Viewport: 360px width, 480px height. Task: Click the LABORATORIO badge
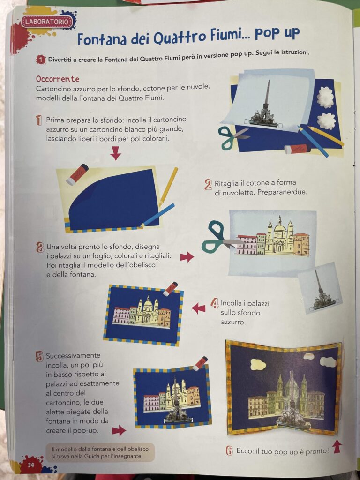pyautogui.click(x=47, y=22)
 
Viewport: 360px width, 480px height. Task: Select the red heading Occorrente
pyautogui.click(x=58, y=79)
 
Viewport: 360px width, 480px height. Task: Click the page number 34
pyautogui.click(x=31, y=465)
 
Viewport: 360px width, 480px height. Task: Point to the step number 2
pyautogui.click(x=208, y=185)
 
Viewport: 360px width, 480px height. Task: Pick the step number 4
pyautogui.click(x=215, y=303)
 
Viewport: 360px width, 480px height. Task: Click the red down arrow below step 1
pyautogui.click(x=115, y=153)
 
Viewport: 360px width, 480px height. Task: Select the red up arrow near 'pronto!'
pyautogui.click(x=337, y=446)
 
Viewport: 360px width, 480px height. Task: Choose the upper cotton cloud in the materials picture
pyautogui.click(x=325, y=97)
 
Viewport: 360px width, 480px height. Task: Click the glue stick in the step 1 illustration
pyautogui.click(x=77, y=174)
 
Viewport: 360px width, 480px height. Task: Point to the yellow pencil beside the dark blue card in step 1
pyautogui.click(x=168, y=187)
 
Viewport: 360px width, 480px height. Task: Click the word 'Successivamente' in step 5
pyautogui.click(x=73, y=356)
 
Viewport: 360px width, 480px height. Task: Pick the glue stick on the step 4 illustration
pyautogui.click(x=170, y=289)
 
